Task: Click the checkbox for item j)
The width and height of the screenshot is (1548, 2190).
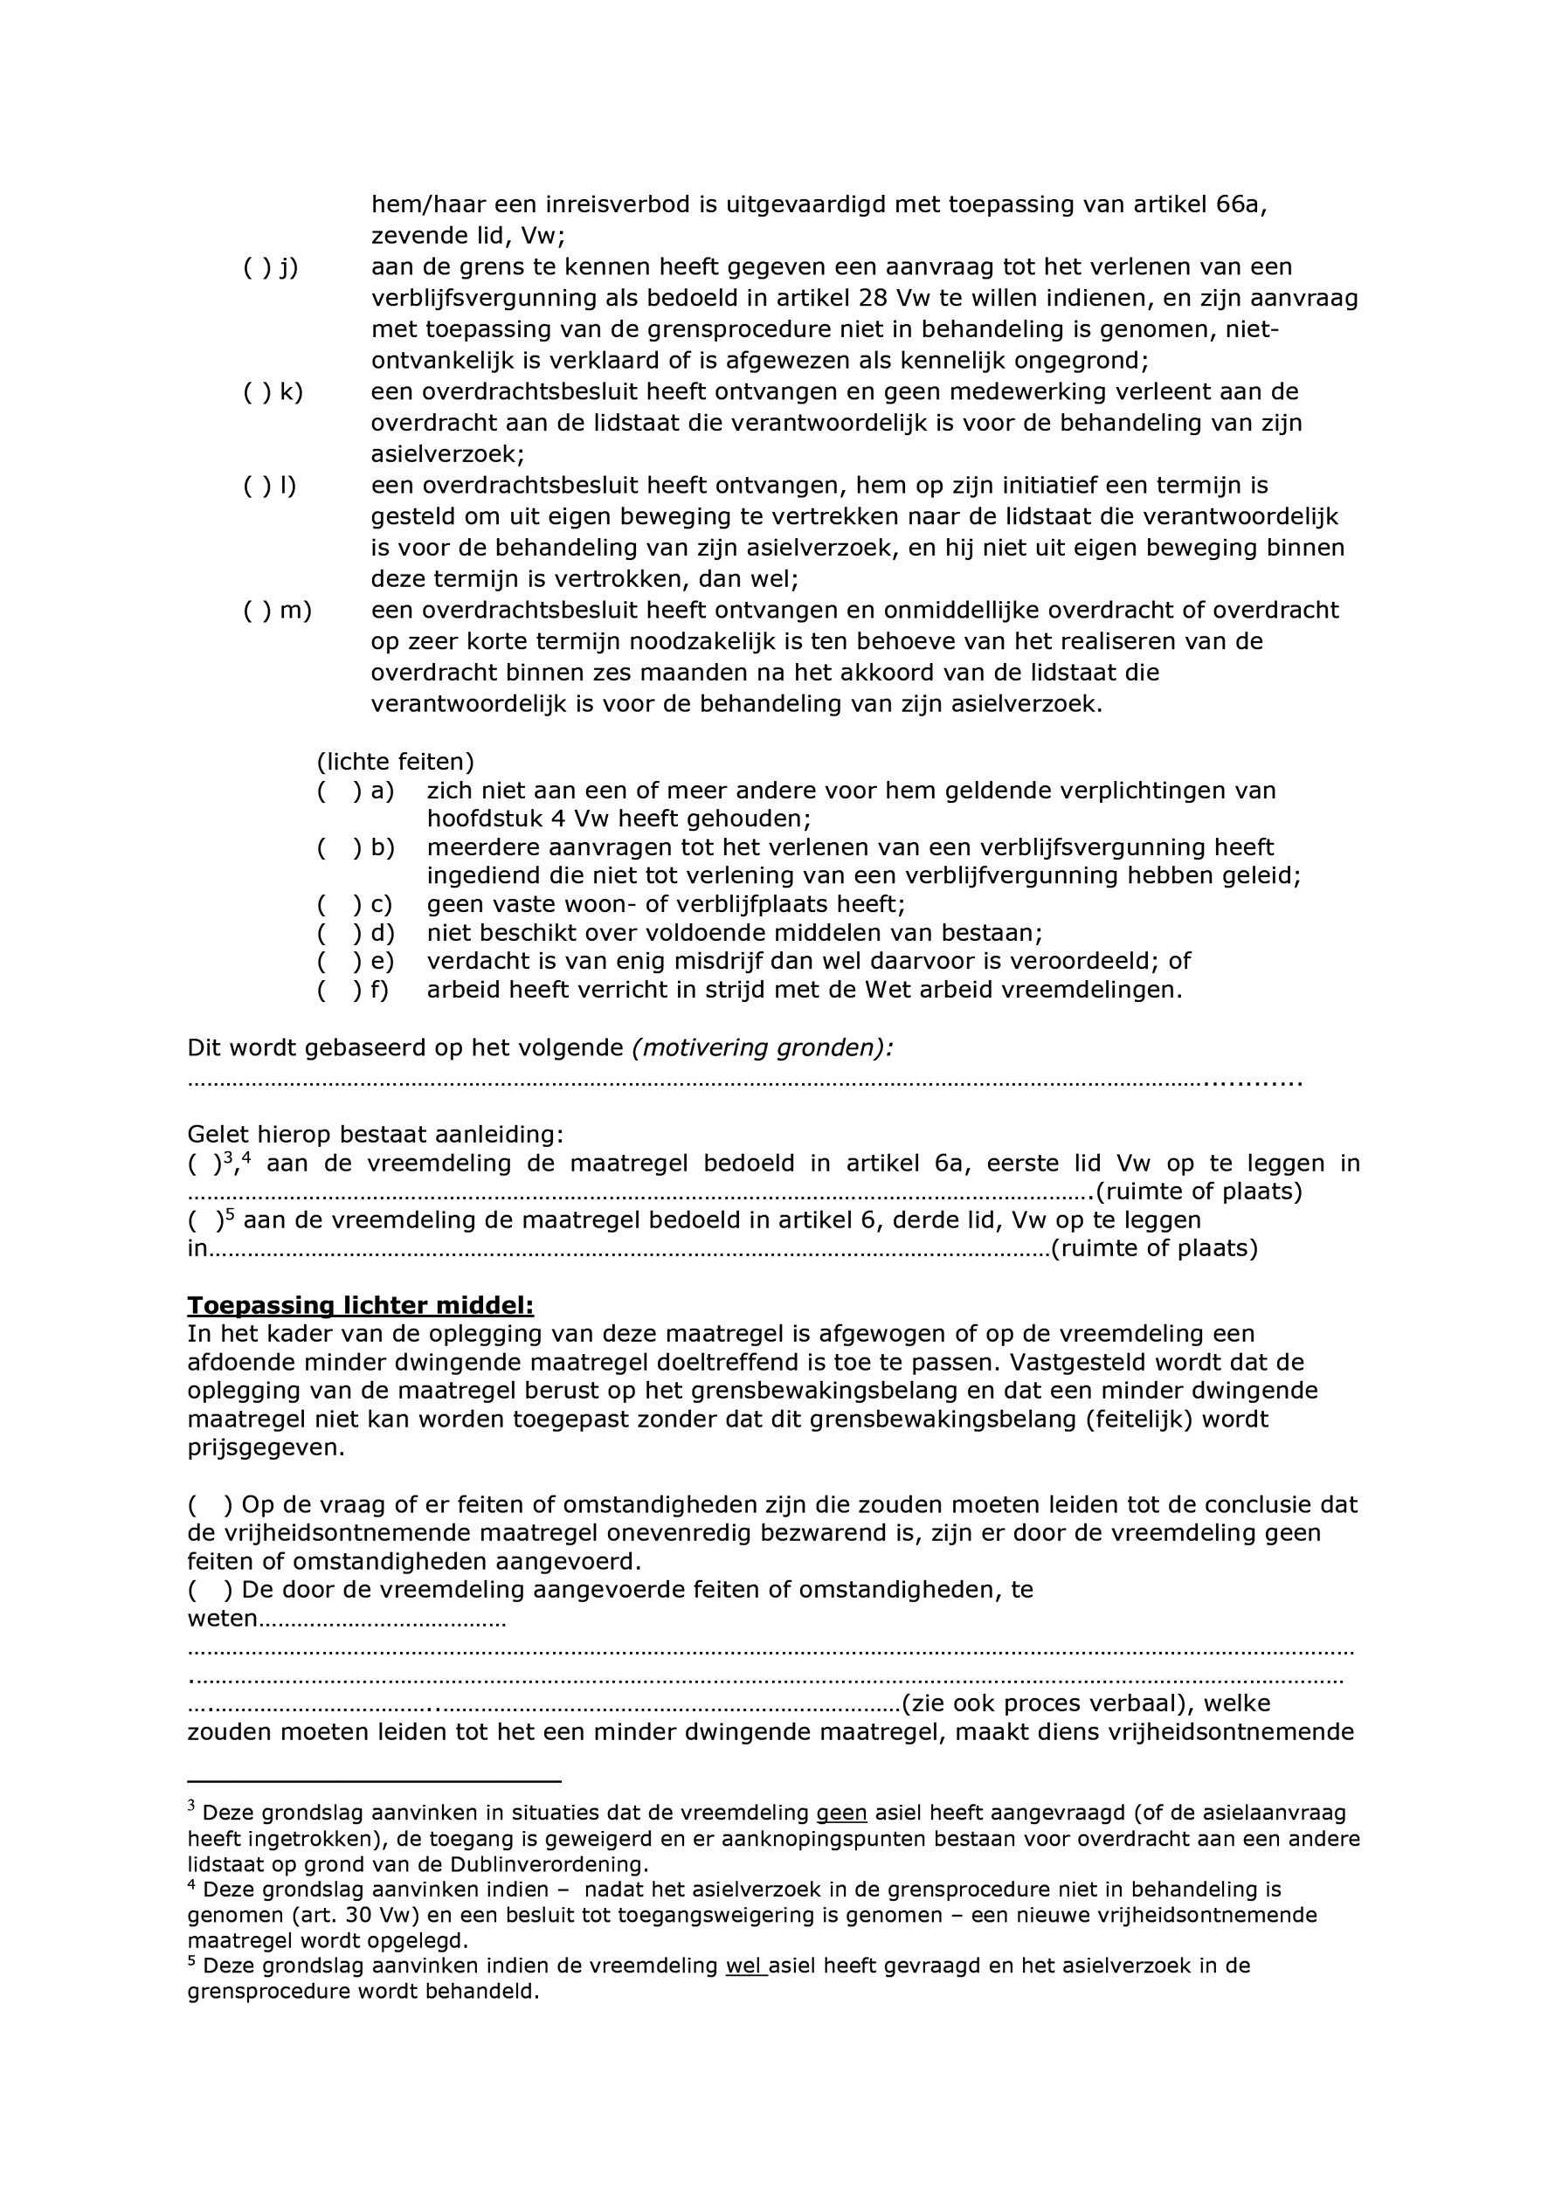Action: [256, 268]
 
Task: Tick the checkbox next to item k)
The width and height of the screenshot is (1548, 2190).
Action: [256, 393]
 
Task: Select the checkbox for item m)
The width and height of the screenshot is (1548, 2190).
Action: [256, 611]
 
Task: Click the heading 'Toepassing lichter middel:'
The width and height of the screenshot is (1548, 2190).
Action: [360, 1306]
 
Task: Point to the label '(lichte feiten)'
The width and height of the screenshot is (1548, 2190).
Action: [395, 762]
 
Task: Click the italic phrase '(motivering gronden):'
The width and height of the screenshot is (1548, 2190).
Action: [762, 1048]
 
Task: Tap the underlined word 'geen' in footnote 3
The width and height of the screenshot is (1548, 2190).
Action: [841, 1813]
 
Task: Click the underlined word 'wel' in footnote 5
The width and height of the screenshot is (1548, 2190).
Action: [745, 1965]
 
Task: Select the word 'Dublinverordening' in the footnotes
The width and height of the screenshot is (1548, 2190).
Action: [552, 1865]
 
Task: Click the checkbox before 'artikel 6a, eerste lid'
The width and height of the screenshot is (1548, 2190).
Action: [204, 1164]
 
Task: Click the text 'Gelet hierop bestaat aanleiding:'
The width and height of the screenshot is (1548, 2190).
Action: [375, 1135]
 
